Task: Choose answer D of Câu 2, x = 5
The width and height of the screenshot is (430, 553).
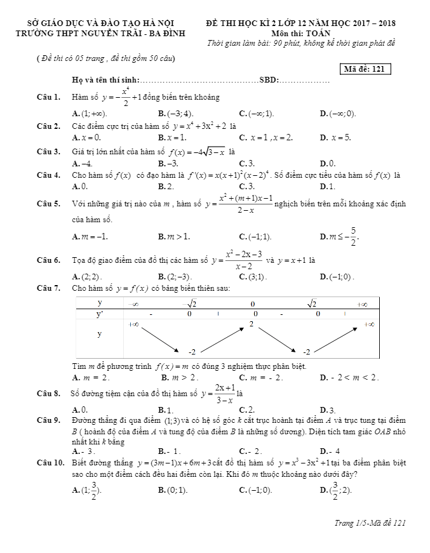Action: (x=336, y=137)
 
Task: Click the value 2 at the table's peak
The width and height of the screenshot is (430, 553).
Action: (x=252, y=324)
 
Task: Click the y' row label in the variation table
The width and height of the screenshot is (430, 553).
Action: (x=99, y=314)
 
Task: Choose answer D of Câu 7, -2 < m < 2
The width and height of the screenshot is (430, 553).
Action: (x=350, y=378)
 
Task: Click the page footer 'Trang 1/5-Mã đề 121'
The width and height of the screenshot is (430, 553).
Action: (x=369, y=523)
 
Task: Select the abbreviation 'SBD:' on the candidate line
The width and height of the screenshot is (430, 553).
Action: (x=269, y=80)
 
